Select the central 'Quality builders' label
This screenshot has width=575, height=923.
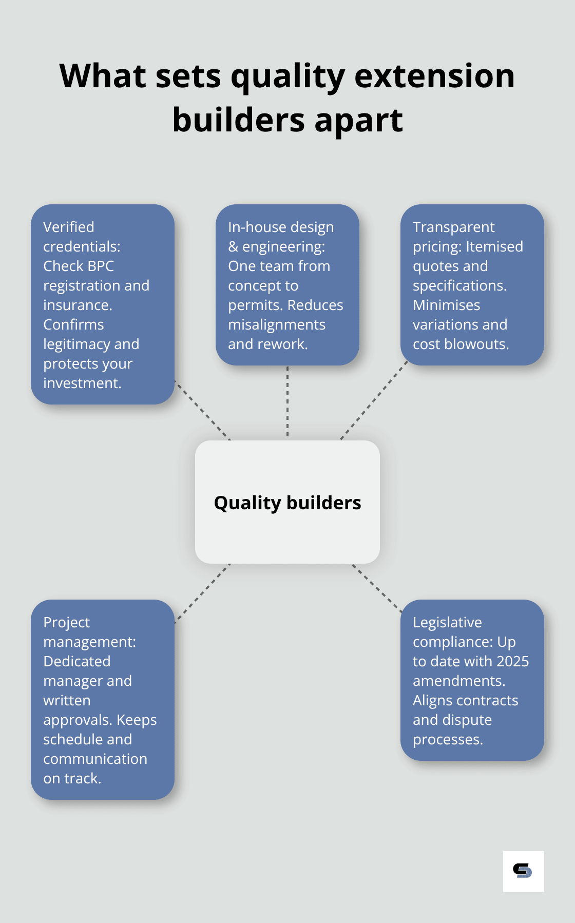pyautogui.click(x=287, y=503)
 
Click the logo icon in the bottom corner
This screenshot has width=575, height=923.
pyautogui.click(x=523, y=871)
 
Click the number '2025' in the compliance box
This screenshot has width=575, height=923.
pyautogui.click(x=512, y=661)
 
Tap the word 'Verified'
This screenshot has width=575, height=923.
pyautogui.click(x=69, y=227)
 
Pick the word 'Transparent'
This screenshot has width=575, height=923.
pyautogui.click(x=453, y=227)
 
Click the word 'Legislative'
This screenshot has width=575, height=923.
pyautogui.click(x=447, y=622)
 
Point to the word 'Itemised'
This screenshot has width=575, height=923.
pyautogui.click(x=494, y=246)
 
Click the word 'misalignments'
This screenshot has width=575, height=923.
pyautogui.click(x=277, y=324)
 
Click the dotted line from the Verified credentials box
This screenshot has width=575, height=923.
pyautogui.click(x=202, y=410)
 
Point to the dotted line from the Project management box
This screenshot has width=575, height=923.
pyautogui.click(x=202, y=593)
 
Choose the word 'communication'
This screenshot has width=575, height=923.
pyautogui.click(x=95, y=759)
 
